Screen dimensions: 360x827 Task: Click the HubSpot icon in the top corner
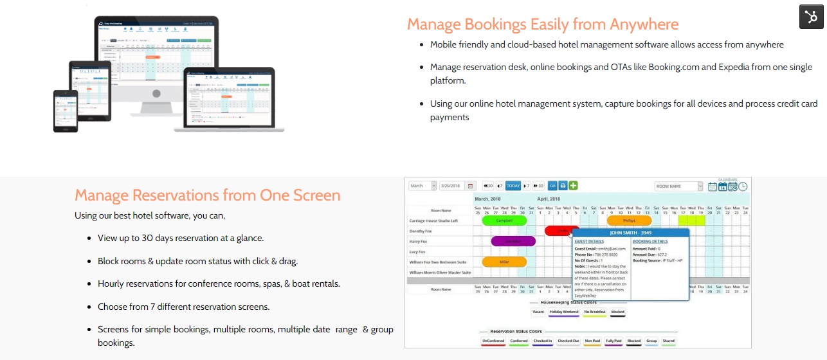tap(811, 17)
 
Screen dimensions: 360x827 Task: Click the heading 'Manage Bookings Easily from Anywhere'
tap(542, 24)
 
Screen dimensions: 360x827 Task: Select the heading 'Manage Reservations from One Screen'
tap(207, 195)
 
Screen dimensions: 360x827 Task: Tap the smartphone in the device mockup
tap(66, 111)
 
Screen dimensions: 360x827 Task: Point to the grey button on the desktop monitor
tap(156, 94)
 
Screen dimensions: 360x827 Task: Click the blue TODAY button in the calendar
tap(513, 186)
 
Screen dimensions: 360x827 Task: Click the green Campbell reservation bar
tap(504, 221)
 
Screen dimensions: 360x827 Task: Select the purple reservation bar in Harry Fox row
tap(513, 241)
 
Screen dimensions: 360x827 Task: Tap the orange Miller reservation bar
tap(504, 262)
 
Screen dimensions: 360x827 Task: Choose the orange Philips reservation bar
tap(629, 221)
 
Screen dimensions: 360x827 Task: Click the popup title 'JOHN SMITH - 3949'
tap(630, 232)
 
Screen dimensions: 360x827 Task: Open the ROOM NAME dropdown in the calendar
tap(679, 186)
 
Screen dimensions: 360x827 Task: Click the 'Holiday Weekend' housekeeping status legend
tap(563, 312)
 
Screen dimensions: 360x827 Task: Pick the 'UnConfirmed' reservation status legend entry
tap(493, 341)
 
